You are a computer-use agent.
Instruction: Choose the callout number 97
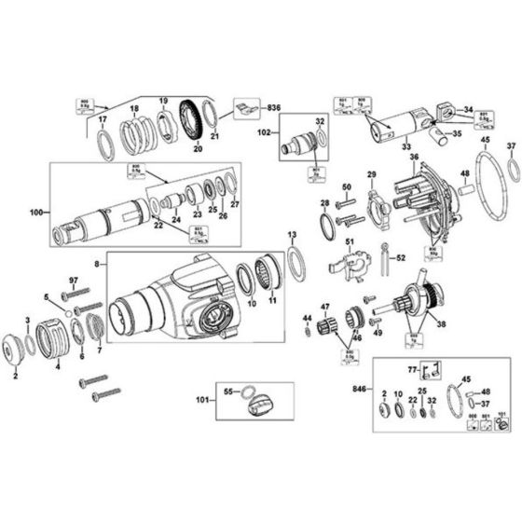[72, 280]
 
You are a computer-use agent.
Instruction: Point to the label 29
[371, 174]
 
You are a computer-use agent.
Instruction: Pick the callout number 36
[413, 157]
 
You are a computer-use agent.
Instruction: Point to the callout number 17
[103, 119]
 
